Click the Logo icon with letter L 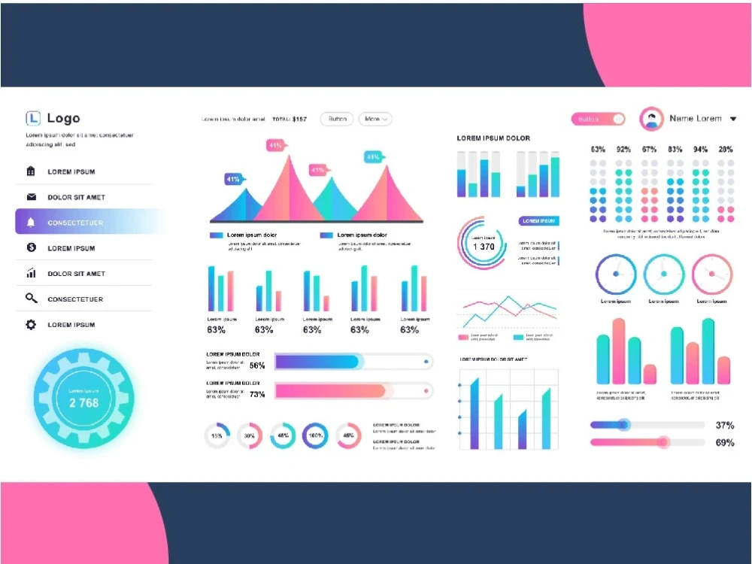32,118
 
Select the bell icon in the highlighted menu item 31,223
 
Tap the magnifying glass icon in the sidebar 31,299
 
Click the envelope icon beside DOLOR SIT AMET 31,197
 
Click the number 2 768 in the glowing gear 83,402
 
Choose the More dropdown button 375,119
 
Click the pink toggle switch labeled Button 598,119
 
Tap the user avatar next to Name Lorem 651,119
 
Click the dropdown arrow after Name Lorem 733,119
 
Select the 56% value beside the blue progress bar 257,365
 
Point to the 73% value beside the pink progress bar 257,394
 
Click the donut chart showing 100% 315,435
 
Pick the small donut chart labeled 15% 217,435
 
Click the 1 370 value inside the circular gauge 483,247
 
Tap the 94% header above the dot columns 700,150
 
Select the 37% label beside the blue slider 724,425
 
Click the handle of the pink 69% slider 663,442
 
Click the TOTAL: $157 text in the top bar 290,119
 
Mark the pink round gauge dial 711,274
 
